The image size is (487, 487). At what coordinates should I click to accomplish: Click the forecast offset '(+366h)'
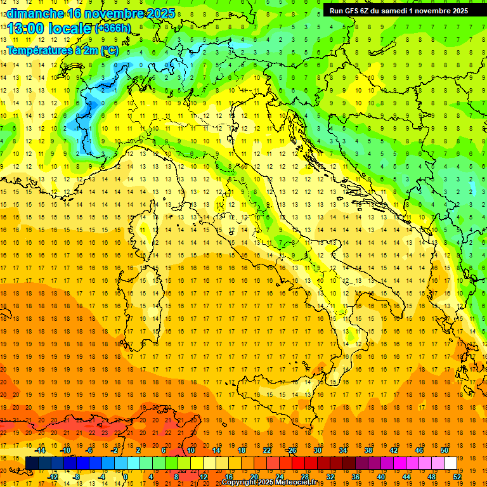(x=112, y=29)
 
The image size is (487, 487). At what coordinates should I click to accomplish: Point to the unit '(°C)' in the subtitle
(x=108, y=50)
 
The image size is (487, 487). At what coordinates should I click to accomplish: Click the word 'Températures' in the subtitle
(x=39, y=50)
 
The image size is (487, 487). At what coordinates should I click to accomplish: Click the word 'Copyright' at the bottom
(x=238, y=483)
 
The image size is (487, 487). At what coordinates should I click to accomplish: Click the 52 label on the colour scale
(x=457, y=477)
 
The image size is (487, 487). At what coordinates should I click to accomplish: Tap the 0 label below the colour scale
(x=126, y=477)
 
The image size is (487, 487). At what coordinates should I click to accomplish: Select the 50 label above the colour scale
(x=444, y=450)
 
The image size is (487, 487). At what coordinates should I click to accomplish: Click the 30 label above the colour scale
(x=317, y=450)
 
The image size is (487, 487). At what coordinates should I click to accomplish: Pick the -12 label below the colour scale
(x=53, y=477)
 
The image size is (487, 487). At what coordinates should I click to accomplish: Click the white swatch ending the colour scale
(x=450, y=464)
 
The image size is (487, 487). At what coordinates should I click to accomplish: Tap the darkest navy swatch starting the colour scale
(x=32, y=464)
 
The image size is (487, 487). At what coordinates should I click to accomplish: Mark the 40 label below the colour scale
(x=381, y=477)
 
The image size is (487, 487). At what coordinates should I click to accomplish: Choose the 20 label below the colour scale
(x=254, y=477)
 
